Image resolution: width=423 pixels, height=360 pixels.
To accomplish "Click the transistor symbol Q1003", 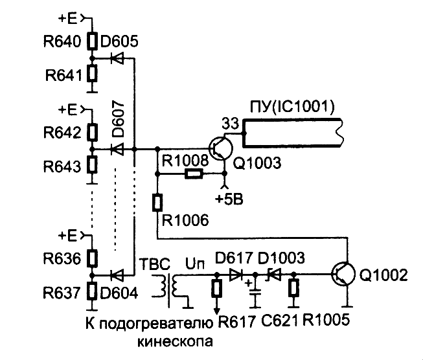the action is click(x=221, y=149).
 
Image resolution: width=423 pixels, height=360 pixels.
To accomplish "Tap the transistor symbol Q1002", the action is click(x=343, y=274).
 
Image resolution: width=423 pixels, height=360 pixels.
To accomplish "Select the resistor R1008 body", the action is click(x=194, y=174).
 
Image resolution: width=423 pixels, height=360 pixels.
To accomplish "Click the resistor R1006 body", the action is click(x=157, y=203).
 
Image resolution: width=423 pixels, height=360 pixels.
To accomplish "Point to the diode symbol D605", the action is click(x=117, y=58).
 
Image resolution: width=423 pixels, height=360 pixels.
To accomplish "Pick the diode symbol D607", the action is click(x=117, y=149).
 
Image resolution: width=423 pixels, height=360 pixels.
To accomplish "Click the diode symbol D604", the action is click(x=117, y=275).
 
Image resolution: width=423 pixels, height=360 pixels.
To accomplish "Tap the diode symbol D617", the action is click(x=236, y=275).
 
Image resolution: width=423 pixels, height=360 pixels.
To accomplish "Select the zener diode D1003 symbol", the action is click(x=273, y=275).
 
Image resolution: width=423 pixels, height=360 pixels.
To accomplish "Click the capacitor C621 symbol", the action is click(x=255, y=292).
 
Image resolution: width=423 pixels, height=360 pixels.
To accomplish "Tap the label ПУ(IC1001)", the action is click(x=292, y=107).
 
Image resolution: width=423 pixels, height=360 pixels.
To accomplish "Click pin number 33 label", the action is click(x=231, y=124).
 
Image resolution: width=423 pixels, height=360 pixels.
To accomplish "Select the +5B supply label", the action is click(x=229, y=199).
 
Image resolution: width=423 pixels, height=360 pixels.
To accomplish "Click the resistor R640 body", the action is click(x=92, y=41).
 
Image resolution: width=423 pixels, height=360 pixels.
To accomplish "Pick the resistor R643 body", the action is click(x=92, y=164).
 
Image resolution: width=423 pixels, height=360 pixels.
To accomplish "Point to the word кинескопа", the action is click(x=175, y=341).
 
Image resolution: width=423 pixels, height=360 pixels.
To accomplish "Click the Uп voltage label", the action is click(x=195, y=264).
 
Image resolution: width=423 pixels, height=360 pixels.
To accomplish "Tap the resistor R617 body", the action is click(x=216, y=288).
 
